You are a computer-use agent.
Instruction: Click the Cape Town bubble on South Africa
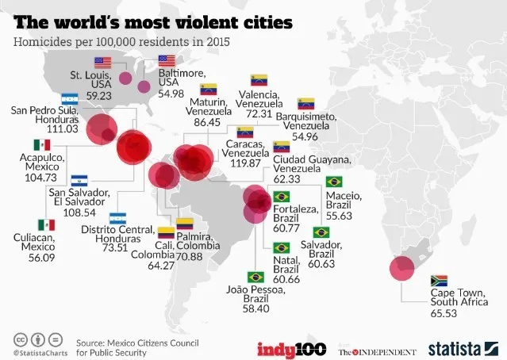click(x=401, y=268)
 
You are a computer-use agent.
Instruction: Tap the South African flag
click(x=439, y=281)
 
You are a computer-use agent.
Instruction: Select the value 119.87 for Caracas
click(x=245, y=163)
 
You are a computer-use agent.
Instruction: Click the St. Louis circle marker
click(x=125, y=79)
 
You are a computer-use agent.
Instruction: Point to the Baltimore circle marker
click(x=144, y=87)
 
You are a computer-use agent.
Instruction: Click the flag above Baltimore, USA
click(x=167, y=61)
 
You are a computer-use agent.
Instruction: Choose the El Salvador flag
click(x=79, y=181)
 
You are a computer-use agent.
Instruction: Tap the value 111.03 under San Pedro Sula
click(x=63, y=129)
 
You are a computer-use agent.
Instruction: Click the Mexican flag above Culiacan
click(x=47, y=225)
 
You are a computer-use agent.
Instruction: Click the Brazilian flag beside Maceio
click(x=334, y=182)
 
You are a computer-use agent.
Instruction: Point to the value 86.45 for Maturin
click(x=207, y=122)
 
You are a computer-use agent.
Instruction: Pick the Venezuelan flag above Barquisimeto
click(x=306, y=103)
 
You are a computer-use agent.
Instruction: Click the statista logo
click(x=463, y=349)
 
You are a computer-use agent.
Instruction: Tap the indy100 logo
click(x=292, y=350)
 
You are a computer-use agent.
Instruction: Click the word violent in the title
click(x=207, y=22)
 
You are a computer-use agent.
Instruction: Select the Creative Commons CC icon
click(x=21, y=340)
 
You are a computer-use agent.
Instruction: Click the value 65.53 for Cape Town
click(x=444, y=313)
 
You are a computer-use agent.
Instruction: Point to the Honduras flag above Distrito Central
click(x=117, y=218)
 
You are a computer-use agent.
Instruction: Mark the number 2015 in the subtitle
click(x=218, y=42)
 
